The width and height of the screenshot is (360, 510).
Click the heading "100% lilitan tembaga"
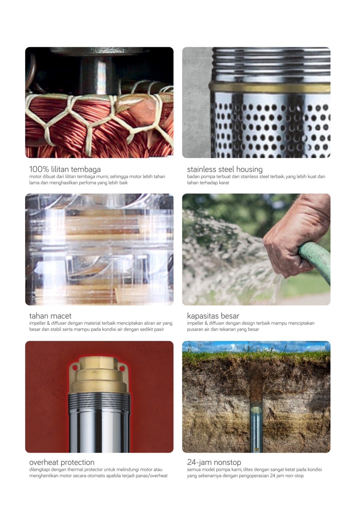[x=65, y=169]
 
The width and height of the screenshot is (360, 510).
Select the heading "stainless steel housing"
[x=225, y=169]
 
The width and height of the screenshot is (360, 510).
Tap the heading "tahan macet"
[x=50, y=316]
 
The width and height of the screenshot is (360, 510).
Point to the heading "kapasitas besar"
[x=213, y=316]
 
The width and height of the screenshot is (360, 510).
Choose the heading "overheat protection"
[x=62, y=462]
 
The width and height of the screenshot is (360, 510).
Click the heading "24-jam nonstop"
[x=214, y=462]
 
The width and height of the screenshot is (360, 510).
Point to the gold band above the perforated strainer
[x=270, y=87]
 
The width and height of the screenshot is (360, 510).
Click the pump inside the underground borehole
[x=256, y=430]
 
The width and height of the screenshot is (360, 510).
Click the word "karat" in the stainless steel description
[x=224, y=182]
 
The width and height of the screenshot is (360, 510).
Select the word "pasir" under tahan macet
[x=159, y=329]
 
